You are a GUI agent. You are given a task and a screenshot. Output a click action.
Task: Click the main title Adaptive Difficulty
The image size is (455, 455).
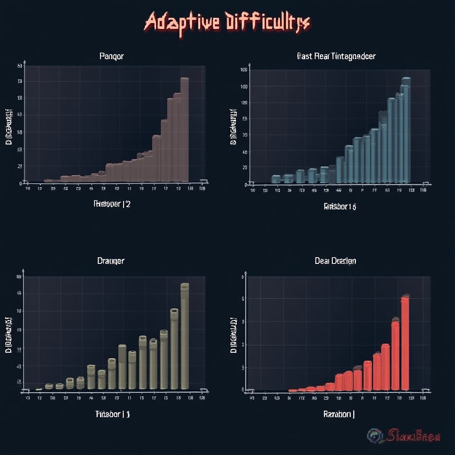227,22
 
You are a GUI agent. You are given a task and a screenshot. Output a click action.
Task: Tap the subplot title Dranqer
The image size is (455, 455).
111,261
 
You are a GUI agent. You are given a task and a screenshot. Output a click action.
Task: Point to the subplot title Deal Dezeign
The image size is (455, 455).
335,261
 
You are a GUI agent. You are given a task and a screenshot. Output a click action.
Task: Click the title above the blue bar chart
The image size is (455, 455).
335,56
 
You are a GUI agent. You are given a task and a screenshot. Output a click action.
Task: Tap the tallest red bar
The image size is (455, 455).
405,342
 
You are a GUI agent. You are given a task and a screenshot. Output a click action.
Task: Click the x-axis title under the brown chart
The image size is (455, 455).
112,204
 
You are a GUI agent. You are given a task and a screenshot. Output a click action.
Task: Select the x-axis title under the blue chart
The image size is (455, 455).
340,206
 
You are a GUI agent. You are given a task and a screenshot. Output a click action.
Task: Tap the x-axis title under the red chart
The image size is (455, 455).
339,414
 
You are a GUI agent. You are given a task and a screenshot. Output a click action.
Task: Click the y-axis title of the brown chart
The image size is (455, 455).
8,127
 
